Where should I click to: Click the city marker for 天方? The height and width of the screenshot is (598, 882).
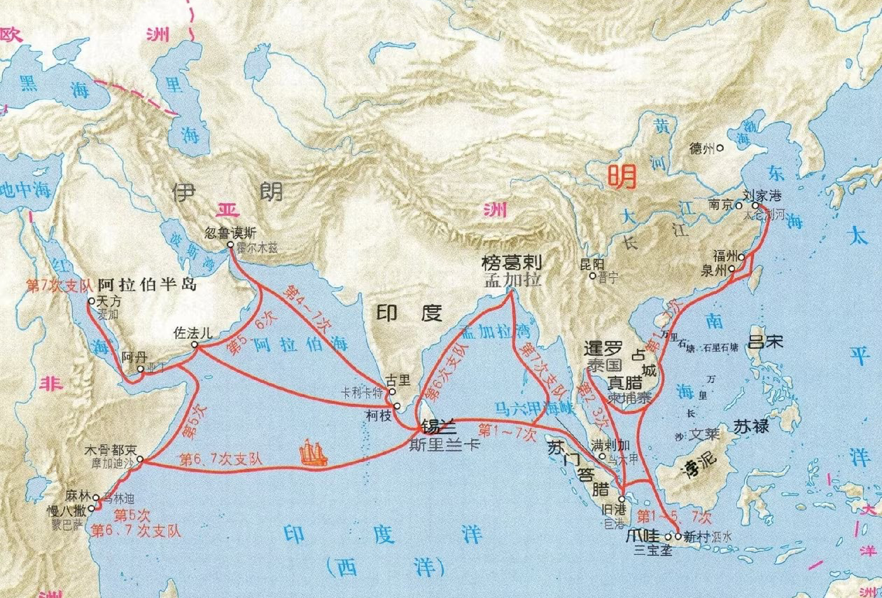pyautogui.click(x=91, y=301)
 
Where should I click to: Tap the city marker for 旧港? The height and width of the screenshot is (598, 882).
pyautogui.click(x=621, y=499)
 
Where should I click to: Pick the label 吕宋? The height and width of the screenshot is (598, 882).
pyautogui.click(x=765, y=343)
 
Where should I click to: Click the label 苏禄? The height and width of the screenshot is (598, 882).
pyautogui.click(x=752, y=426)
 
